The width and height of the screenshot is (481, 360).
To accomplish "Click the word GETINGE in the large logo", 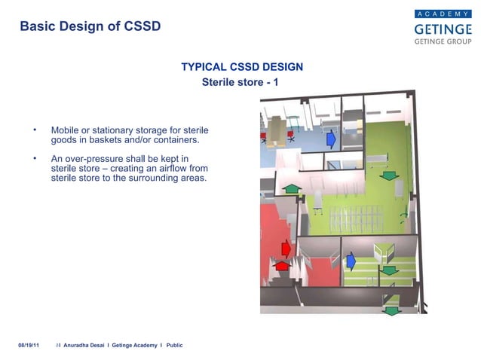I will [x=443, y=29].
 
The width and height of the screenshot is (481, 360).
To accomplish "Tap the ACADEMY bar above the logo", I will [x=443, y=14].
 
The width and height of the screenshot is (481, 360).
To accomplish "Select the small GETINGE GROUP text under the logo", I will [x=443, y=43].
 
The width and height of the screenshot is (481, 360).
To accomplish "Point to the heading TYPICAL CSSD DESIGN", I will [x=242, y=67].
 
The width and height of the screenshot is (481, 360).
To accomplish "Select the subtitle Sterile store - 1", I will [x=240, y=81].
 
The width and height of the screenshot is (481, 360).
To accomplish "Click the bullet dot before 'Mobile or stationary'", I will [x=35, y=130].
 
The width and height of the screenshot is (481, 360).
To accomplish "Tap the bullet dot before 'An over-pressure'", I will [x=35, y=159].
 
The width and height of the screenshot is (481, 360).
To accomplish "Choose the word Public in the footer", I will [x=174, y=345].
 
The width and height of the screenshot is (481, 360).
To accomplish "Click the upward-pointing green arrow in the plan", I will [x=292, y=188].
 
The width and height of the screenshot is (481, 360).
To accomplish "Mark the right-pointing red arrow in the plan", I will [x=286, y=248].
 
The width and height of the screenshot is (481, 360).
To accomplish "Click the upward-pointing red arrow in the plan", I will [x=282, y=265].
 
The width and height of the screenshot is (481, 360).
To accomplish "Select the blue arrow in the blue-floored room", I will [x=330, y=139].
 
